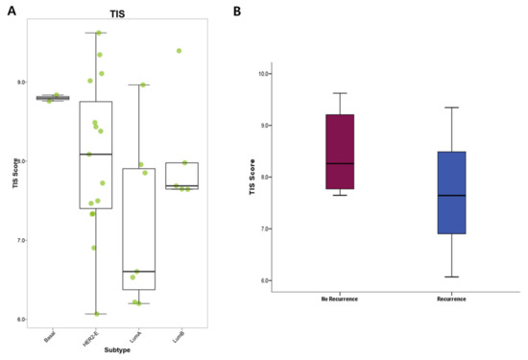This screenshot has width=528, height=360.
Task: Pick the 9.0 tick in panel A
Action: point(21,83)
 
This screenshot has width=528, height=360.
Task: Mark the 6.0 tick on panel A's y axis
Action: point(21,320)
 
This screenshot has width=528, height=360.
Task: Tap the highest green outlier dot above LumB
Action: point(179,51)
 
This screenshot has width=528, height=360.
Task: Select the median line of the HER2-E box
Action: point(96,154)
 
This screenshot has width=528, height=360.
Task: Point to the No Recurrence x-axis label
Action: point(340,299)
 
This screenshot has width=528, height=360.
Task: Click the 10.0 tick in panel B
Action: point(264,73)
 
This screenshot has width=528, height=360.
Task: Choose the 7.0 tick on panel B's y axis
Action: point(265,228)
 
